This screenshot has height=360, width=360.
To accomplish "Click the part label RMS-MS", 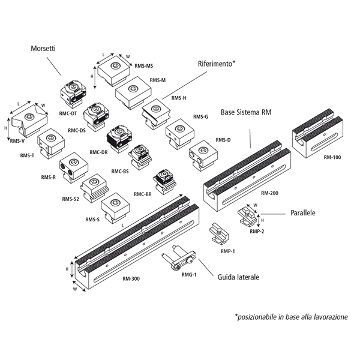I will click(x=144, y=66).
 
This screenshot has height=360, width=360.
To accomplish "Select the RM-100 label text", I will click(x=332, y=157).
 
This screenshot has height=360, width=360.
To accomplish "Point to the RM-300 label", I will click(x=131, y=278).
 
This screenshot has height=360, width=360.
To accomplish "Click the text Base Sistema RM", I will click(x=246, y=112).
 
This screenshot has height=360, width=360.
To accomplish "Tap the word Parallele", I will click(x=303, y=212).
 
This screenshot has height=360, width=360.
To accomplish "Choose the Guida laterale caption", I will click(x=238, y=278).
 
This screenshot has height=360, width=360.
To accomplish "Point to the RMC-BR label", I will click(x=142, y=194).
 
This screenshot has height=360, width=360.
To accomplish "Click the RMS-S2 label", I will click(x=70, y=199).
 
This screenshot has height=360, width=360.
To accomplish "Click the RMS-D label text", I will click(x=223, y=140).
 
